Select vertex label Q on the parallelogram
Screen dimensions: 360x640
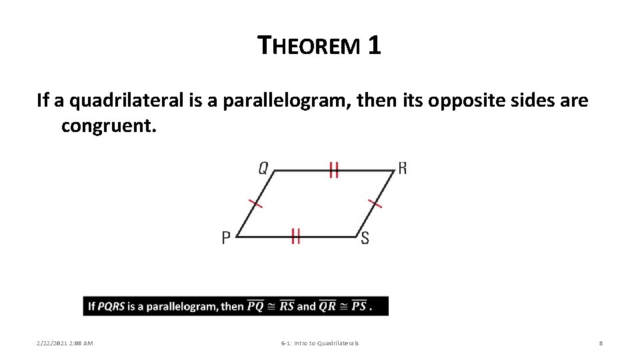263,169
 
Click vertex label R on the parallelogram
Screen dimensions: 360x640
402,168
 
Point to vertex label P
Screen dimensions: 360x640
227,238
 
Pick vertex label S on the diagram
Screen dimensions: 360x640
365,238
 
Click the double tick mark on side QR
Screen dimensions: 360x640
334,171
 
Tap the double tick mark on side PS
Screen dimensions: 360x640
296,236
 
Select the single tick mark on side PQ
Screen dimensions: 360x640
255,203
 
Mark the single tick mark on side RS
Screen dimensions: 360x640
375,203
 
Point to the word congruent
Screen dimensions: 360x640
109,125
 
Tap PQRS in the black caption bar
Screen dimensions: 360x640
111,307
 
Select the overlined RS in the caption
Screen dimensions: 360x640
287,307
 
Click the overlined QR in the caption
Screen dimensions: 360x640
327,307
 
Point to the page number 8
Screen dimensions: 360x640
601,343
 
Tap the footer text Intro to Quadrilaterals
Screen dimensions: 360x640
329,343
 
